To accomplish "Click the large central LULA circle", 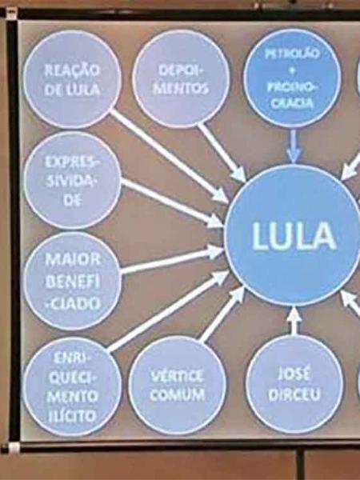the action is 294,235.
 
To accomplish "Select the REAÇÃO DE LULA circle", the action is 72,79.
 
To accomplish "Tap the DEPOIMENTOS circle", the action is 181,78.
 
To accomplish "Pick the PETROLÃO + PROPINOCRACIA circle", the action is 292,78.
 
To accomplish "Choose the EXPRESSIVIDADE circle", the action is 72,180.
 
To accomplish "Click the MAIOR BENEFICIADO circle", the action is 72,281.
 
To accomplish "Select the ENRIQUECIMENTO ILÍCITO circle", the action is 72,386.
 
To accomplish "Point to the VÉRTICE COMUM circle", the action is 178,386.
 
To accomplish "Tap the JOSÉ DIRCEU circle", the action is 294,384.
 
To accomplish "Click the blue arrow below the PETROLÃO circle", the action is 294,146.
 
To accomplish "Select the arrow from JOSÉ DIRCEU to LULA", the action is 294,321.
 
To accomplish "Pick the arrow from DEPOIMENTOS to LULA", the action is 222,152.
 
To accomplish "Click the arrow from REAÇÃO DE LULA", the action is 170,157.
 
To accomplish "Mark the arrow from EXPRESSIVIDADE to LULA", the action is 172,203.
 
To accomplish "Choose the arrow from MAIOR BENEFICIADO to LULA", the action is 172,259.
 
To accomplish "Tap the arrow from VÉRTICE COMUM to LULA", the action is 222,314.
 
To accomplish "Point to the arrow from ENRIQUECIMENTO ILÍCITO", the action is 169,311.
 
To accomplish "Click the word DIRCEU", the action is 294,394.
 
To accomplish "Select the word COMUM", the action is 178,395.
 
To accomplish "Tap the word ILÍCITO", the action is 72,416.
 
